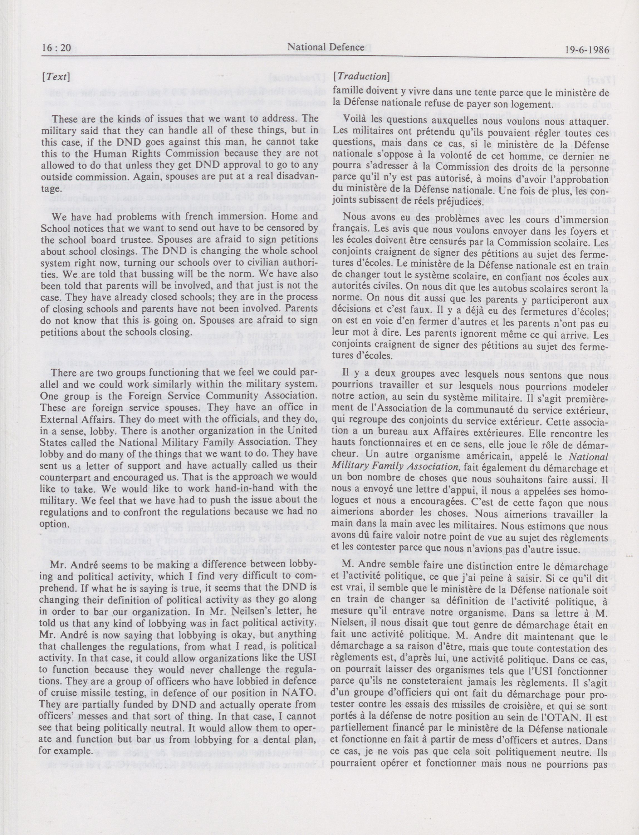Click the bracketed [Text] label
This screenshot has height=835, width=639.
pyautogui.click(x=56, y=77)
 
